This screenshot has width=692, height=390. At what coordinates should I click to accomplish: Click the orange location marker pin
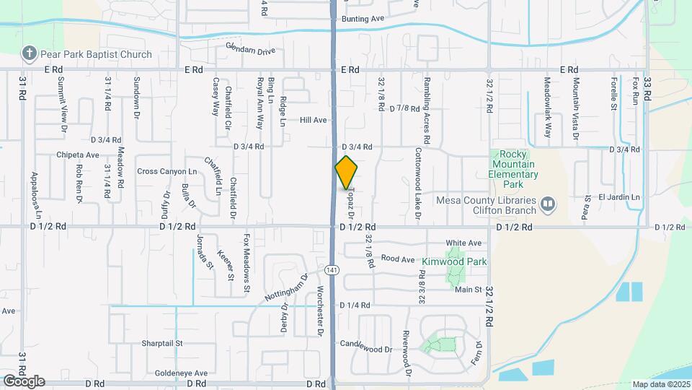pyautogui.click(x=347, y=172)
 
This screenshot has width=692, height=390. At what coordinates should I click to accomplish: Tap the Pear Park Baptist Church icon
pyautogui.click(x=29, y=53)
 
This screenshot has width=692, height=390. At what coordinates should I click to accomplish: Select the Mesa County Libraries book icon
pyautogui.click(x=548, y=205)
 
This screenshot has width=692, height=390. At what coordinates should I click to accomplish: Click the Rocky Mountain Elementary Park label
pyautogui.click(x=513, y=164)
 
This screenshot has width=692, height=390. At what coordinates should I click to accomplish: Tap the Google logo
pyautogui.click(x=24, y=381)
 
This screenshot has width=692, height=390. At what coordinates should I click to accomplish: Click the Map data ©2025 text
pyautogui.click(x=660, y=384)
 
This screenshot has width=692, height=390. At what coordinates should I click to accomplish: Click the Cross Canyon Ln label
pyautogui.click(x=167, y=171)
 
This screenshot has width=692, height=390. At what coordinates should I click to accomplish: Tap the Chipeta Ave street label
pyautogui.click(x=78, y=155)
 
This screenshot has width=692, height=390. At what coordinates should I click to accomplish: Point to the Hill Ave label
pyautogui.click(x=314, y=120)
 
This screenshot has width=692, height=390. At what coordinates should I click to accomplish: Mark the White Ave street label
pyautogui.click(x=463, y=243)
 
